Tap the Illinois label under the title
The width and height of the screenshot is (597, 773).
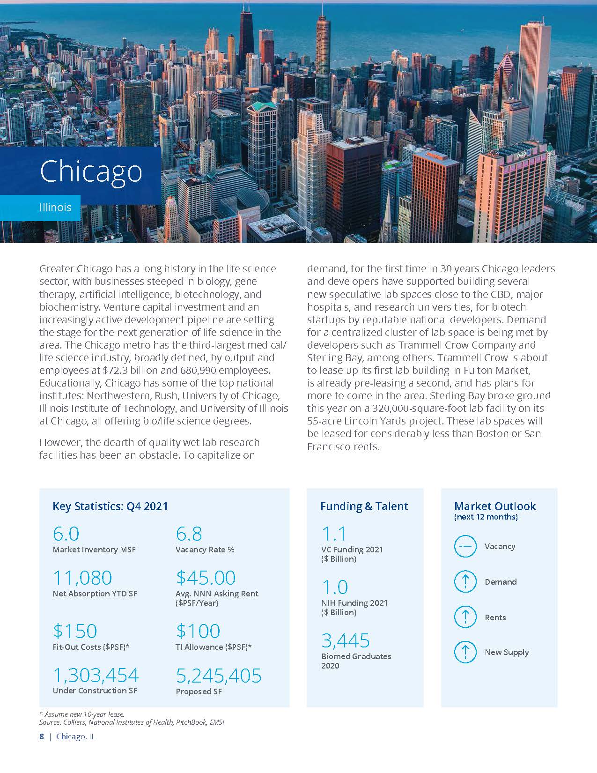point(55,207)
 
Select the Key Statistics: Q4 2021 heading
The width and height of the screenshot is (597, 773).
point(110,506)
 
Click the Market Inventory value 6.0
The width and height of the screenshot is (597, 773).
point(66,534)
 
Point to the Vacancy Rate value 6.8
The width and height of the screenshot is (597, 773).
point(189,534)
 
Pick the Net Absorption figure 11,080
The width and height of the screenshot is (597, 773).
point(82,578)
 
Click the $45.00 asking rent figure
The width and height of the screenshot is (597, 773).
point(206,578)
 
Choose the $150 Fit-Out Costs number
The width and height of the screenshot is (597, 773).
point(75,631)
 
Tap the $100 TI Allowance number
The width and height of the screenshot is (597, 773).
point(198,631)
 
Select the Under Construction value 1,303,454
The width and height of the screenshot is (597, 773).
point(96,675)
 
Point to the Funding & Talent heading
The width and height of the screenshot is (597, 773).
point(364,506)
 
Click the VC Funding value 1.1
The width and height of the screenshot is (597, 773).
point(334,534)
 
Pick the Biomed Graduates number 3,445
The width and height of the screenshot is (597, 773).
point(346,640)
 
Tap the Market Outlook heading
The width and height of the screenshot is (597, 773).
point(495,506)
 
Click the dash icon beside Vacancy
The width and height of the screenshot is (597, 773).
point(465,546)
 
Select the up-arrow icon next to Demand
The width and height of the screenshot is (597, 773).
point(465,582)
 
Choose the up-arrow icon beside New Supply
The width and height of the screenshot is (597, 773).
point(465,652)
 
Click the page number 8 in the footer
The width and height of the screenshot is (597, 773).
point(42,736)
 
